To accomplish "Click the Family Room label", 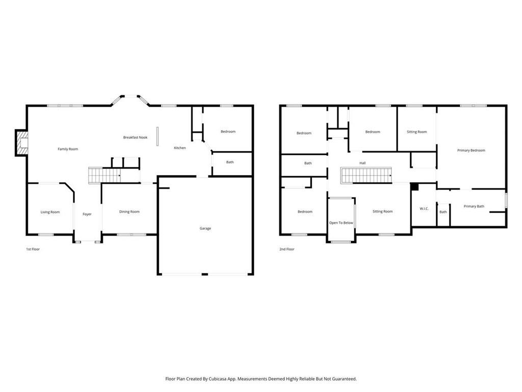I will pos(68,149).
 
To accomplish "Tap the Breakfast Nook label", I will pos(136,137).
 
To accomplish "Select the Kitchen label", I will pos(180,148).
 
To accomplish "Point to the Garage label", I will pos(205,228).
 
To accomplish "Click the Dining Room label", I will pos(129,212).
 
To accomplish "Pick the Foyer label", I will pos(87,214).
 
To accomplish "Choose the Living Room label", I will pos(50,212).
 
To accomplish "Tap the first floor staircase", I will pos(104,175).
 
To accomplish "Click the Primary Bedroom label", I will pos(471,151).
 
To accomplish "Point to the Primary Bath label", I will pos(474,206).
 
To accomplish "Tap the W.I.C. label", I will pos(424,208).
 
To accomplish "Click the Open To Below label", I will pos(341,223).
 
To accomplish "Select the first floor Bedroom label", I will pos(228,132).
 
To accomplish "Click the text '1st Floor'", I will pos(33,249).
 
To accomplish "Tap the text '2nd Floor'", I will pos(286,249).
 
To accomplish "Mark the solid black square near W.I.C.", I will pos(414,187).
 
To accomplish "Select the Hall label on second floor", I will pos(362,163).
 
